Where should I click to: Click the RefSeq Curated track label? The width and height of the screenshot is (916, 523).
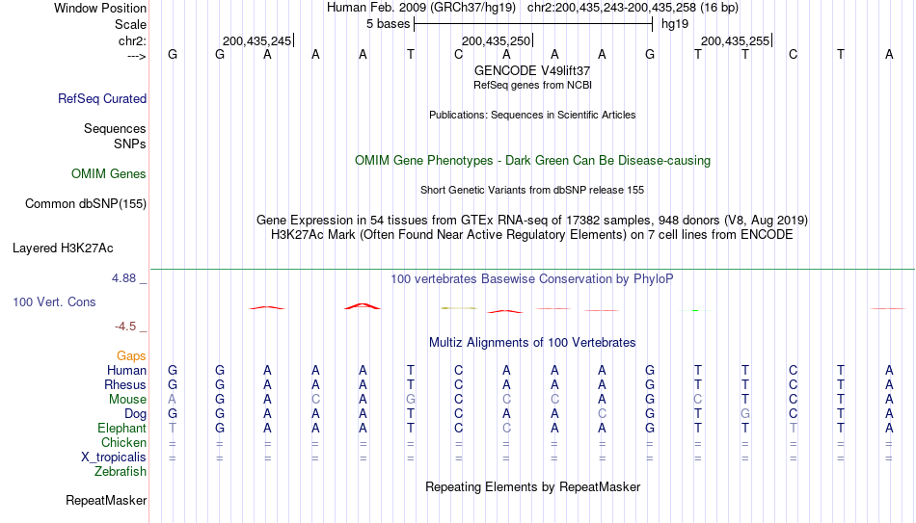102,98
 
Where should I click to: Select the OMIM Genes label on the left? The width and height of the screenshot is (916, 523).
109,174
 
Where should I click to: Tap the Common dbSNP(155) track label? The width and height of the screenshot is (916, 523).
86,204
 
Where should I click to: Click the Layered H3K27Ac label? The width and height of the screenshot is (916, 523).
63,248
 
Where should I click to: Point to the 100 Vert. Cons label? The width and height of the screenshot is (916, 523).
54,301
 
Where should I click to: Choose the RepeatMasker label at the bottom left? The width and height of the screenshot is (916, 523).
106,500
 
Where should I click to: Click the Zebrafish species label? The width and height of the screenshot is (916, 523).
121,471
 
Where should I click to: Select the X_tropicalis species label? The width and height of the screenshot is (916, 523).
114,458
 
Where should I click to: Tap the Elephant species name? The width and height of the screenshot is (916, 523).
121,428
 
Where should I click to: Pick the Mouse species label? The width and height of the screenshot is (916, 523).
127,400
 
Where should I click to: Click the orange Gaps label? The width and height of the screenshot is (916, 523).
131,356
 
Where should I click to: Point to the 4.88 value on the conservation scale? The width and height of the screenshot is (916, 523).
123,277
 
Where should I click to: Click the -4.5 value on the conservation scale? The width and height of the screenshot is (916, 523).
125,327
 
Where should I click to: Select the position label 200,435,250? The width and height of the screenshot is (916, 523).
496,40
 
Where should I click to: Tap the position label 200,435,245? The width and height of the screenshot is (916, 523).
256,40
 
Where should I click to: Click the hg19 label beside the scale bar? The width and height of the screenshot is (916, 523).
675,24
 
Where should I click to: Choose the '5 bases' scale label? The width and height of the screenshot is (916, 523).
388,24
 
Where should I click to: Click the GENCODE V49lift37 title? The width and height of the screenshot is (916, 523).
532,70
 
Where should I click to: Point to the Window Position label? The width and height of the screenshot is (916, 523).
100,8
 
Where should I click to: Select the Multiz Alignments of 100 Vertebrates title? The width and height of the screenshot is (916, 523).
532,343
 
